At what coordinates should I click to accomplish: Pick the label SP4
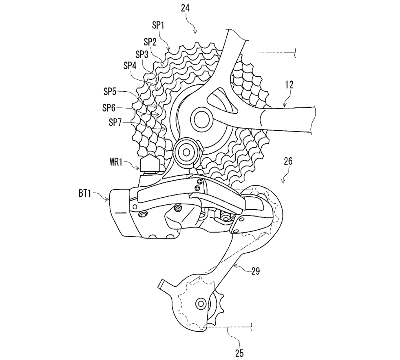coord(130,66)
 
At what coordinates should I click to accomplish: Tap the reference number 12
coord(289,85)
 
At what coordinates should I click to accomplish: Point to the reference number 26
coord(288,161)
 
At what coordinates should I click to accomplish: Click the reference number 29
coord(256,271)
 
